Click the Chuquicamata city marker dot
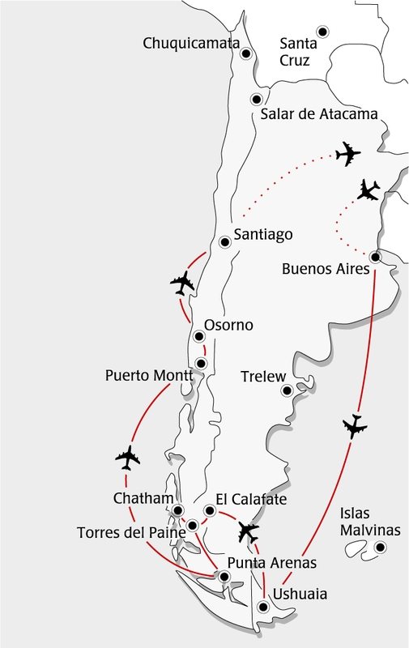(x=245, y=54)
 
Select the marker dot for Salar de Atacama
(x=256, y=100)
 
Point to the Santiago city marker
(x=226, y=241)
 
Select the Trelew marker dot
(x=285, y=391)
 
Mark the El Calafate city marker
(x=210, y=510)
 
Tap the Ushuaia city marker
(x=262, y=607)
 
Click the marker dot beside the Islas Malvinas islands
(x=379, y=550)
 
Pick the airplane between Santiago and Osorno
(x=184, y=284)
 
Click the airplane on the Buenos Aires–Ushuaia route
(x=354, y=426)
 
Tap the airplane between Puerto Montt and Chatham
(x=127, y=458)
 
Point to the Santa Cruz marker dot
(x=322, y=31)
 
